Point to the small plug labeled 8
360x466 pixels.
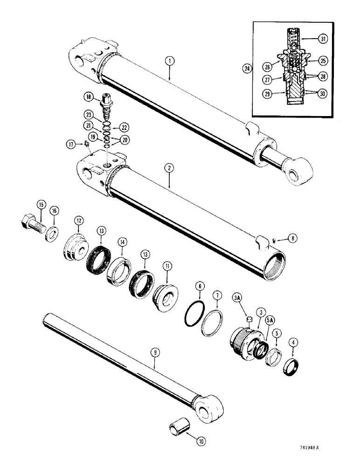[x=275, y=241]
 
